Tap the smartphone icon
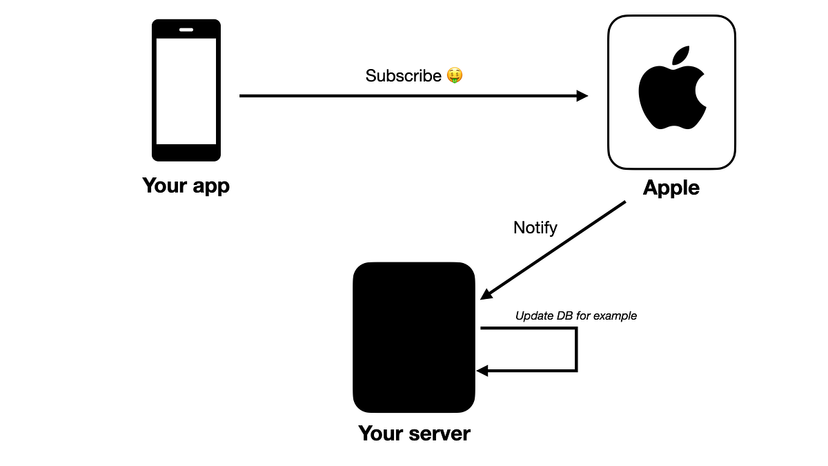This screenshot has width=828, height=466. click(x=186, y=90)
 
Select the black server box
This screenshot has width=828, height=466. click(x=414, y=337)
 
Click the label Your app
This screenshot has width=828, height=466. click(x=186, y=186)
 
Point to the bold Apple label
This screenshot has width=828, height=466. click(x=671, y=188)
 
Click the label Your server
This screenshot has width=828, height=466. click(x=414, y=434)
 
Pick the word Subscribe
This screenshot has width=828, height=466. click(x=403, y=76)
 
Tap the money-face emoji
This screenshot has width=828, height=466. click(x=454, y=75)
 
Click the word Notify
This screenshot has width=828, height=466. click(x=535, y=228)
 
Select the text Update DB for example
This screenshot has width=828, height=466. click(x=575, y=316)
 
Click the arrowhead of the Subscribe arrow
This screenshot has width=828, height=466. click(x=582, y=96)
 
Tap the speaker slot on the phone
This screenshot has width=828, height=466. click(x=186, y=30)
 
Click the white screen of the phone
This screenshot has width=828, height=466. click(x=186, y=90)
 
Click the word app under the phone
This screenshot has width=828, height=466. click(x=210, y=186)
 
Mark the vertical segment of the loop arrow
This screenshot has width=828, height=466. click(x=575, y=349)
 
